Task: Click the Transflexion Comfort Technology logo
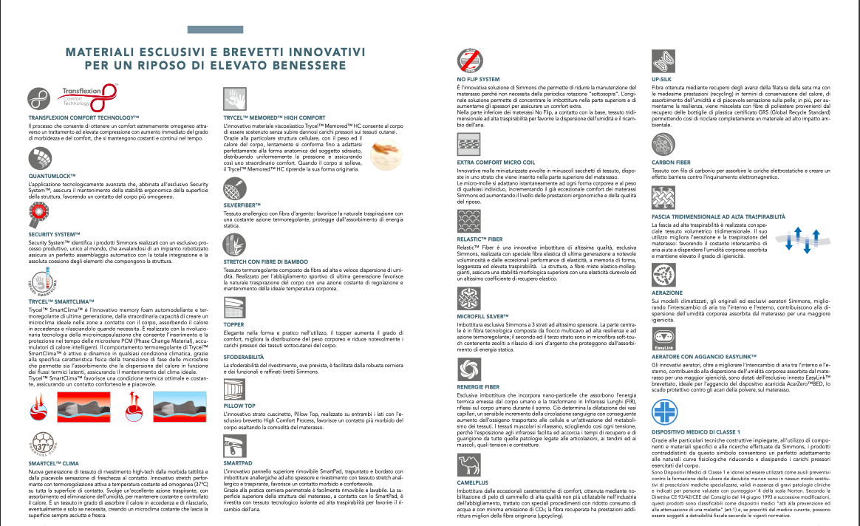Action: click(89, 96)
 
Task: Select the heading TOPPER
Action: click(233, 324)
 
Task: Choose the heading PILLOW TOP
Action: click(239, 406)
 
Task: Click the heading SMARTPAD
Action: click(238, 462)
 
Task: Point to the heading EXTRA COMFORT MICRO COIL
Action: click(494, 161)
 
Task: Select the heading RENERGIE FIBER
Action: click(478, 386)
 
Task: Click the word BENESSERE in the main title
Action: click(304, 66)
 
